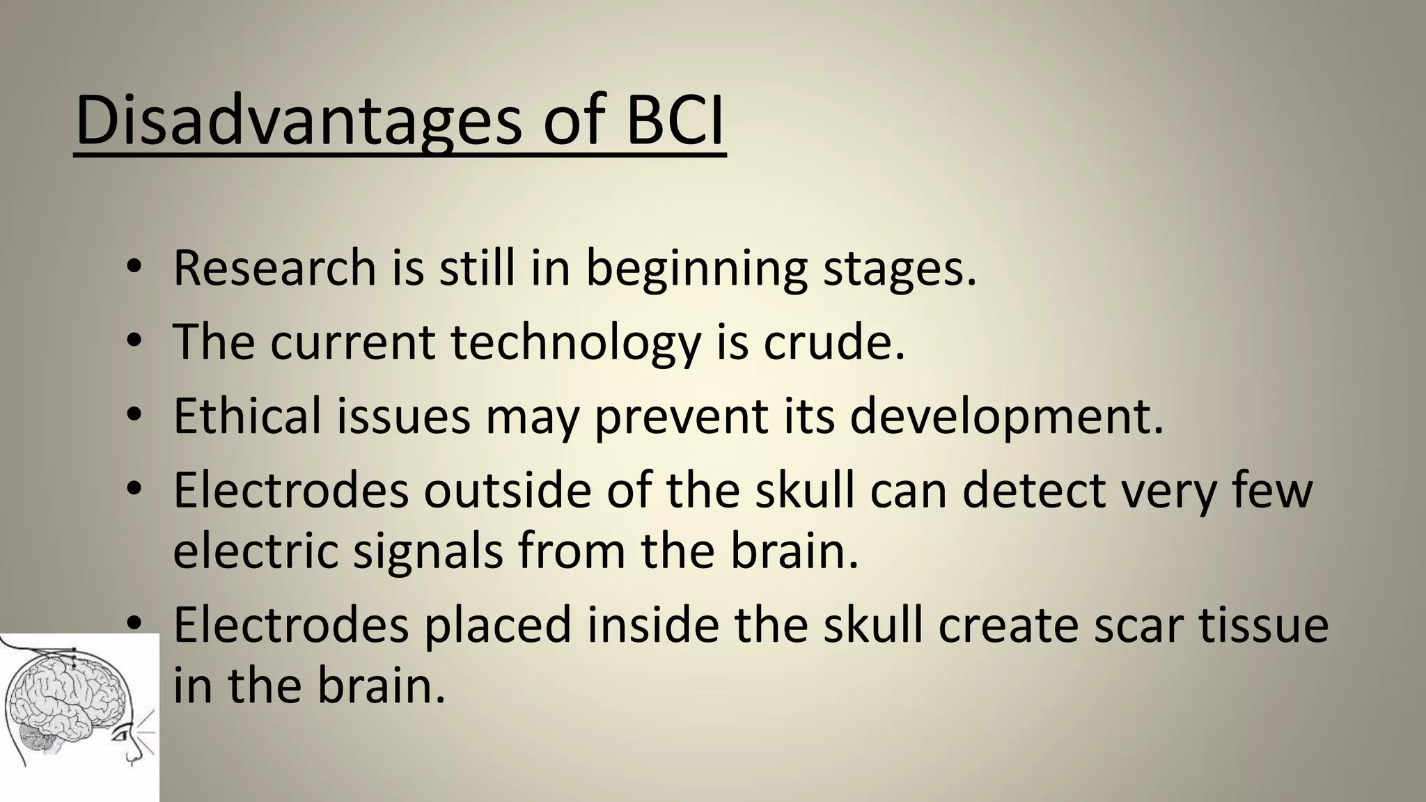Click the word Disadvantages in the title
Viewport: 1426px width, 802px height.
coord(298,120)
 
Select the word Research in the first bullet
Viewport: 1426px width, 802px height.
coord(274,267)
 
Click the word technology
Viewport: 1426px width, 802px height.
coord(575,343)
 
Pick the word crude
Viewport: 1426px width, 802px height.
coord(834,342)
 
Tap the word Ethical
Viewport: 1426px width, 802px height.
coord(247,416)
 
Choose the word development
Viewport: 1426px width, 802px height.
coord(1006,417)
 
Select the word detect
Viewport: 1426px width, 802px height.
coord(1033,490)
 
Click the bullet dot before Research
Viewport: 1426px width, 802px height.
coord(135,268)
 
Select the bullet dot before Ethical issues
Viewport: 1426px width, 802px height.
coord(135,416)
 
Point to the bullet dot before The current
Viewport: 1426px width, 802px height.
coord(135,342)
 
